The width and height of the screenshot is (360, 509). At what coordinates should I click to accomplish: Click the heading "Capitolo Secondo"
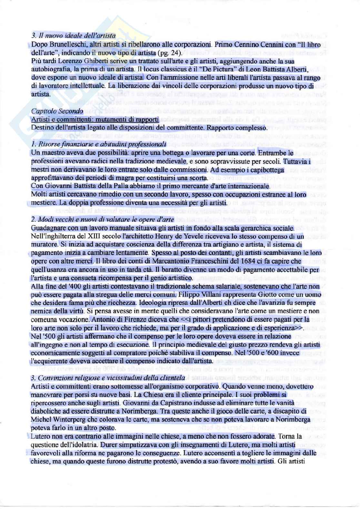tap(57, 111)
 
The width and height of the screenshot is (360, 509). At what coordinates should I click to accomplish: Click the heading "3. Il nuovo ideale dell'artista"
tap(73, 36)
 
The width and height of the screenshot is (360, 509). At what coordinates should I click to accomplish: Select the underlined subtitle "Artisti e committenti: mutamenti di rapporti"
tap(95, 119)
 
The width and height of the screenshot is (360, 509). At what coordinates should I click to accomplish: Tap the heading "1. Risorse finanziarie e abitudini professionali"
tap(99, 144)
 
